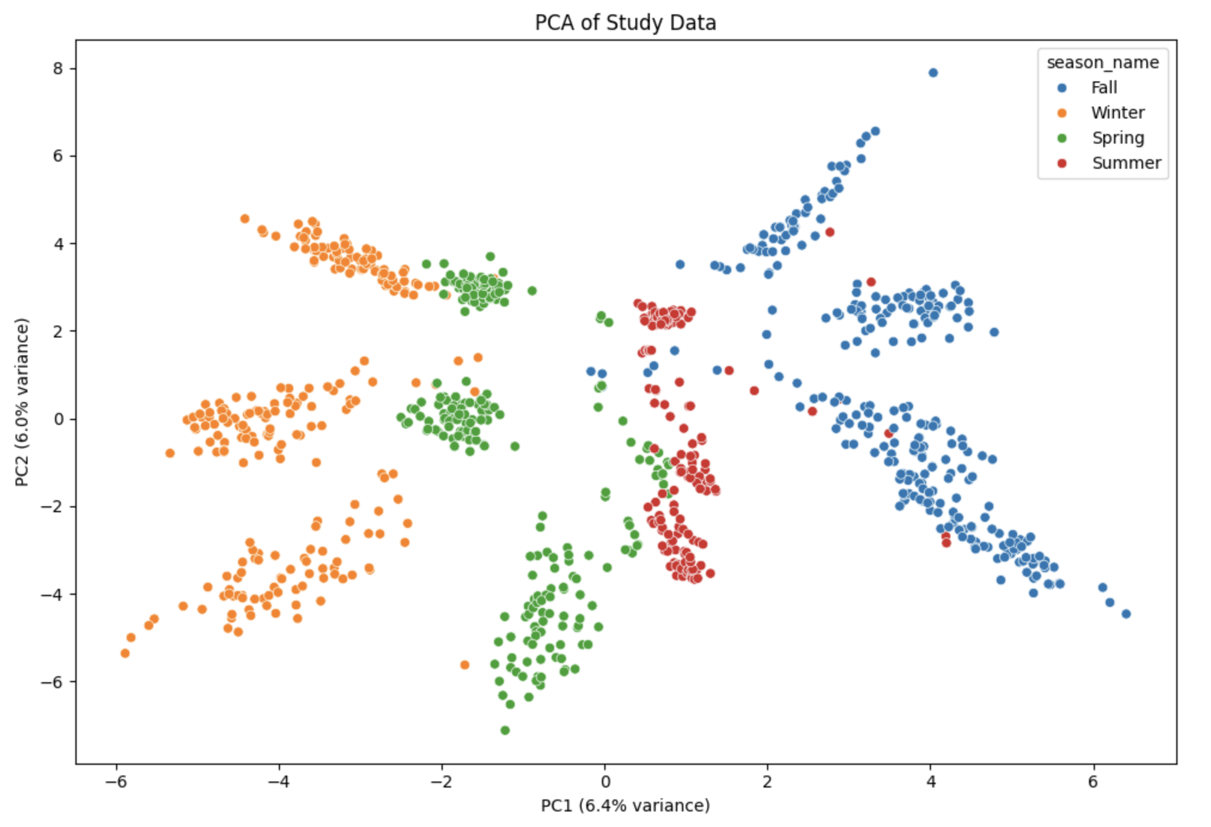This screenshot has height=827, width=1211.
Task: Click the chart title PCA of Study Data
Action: (625, 23)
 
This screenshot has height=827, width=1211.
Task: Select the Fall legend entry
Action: (1103, 88)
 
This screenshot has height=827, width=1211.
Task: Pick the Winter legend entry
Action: (1117, 113)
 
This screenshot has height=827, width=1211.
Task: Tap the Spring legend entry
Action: (1117, 138)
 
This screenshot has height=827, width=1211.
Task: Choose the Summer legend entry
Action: (1126, 163)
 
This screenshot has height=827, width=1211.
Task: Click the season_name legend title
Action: (1102, 63)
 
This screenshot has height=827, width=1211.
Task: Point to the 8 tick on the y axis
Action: (57, 69)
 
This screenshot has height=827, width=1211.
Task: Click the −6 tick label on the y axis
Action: (53, 682)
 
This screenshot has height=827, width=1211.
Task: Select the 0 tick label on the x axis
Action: (605, 782)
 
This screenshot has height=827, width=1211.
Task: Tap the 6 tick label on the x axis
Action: (1093, 782)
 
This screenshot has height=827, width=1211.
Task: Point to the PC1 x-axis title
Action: (625, 805)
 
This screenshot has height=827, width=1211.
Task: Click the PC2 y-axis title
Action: (22, 402)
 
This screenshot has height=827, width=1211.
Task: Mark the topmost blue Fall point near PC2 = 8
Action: (933, 73)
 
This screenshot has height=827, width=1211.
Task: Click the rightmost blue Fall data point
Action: (1126, 614)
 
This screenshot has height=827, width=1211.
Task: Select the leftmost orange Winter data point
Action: (125, 653)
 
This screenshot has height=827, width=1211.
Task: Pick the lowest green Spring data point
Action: (505, 730)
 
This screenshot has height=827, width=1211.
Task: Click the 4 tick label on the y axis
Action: (57, 244)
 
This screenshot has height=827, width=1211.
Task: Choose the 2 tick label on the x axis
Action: (768, 782)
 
